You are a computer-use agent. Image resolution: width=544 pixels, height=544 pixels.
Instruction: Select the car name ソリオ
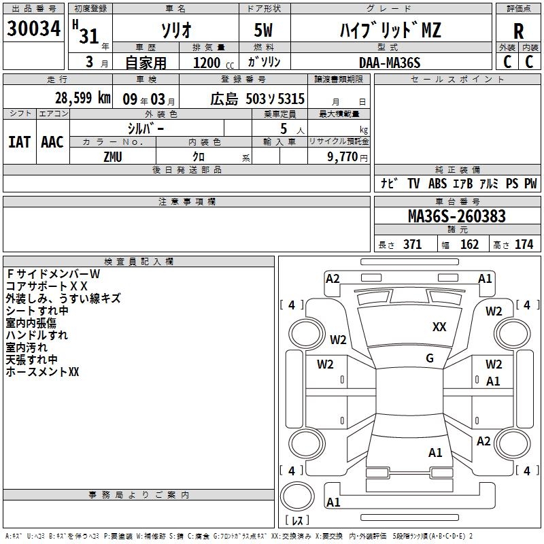[175, 31]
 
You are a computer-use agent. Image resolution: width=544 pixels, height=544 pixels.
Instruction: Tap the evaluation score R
[518, 31]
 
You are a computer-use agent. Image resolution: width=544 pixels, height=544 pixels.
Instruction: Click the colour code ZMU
[112, 156]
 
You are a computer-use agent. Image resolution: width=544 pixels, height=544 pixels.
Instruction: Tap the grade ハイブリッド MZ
[390, 31]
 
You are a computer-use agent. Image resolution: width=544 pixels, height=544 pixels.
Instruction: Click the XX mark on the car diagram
[439, 327]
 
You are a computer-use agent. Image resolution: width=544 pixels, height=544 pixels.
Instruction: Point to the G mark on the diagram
[430, 358]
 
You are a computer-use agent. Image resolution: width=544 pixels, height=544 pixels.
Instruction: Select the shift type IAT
[19, 141]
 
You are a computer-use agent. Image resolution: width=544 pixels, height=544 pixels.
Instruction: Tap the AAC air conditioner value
[52, 141]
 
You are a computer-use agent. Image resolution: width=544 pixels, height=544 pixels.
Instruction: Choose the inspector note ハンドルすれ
[37, 335]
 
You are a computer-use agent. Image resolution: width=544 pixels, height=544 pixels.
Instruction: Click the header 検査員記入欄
[139, 261]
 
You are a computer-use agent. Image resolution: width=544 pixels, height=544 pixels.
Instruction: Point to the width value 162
[469, 244]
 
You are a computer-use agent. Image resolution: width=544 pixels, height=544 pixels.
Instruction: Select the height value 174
[524, 244]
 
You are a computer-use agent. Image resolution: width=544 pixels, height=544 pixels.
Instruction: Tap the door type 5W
[265, 31]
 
